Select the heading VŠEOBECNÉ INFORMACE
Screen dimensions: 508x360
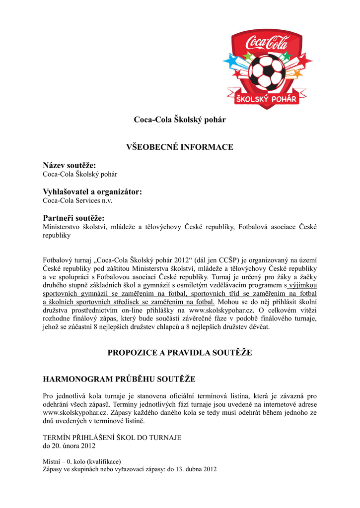point(180,147)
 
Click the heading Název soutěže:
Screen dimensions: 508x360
point(70,165)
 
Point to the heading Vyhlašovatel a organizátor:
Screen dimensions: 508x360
point(92,191)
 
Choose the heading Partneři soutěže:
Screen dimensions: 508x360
point(73,218)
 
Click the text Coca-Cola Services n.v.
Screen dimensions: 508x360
point(77,201)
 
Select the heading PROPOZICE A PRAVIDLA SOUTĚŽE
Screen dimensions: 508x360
point(180,353)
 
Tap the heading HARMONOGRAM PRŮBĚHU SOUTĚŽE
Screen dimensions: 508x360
point(119,379)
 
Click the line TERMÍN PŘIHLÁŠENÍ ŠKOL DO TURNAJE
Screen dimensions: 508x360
point(112,438)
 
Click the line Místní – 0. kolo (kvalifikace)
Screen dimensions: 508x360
point(82,461)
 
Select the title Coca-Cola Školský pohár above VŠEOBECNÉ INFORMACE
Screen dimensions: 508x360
point(180,120)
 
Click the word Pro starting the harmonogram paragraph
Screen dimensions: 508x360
point(48,396)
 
